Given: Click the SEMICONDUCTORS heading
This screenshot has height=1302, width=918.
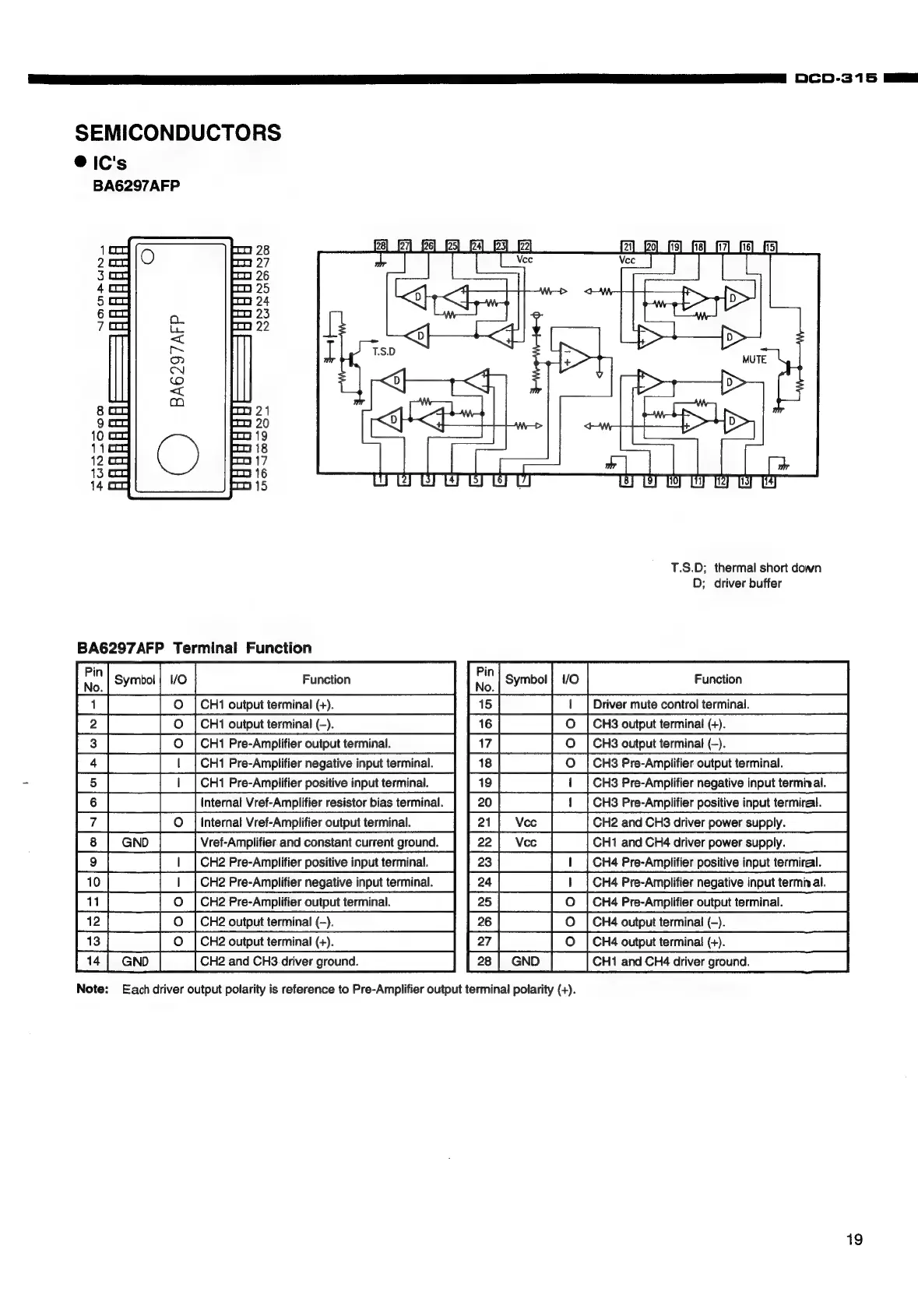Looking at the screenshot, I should click(178, 132).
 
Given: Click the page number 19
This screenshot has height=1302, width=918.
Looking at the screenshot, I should click(854, 1240).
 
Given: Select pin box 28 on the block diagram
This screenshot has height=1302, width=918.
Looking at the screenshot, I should click(381, 246).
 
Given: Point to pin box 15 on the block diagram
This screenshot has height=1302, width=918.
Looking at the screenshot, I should click(771, 246).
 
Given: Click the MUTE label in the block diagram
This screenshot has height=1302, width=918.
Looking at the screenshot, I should click(754, 359).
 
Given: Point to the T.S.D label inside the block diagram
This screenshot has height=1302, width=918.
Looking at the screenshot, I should click(384, 351).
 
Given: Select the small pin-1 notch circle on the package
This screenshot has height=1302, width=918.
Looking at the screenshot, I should click(150, 256).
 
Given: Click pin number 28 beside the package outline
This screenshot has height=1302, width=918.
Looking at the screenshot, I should click(262, 250).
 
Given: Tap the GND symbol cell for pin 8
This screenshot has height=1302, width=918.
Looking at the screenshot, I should click(135, 842).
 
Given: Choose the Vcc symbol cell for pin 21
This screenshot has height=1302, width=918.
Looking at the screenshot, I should click(526, 822).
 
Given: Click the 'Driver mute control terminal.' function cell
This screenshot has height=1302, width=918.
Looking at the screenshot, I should click(670, 704).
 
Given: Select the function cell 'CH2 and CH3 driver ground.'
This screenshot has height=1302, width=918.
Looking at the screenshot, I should click(280, 961).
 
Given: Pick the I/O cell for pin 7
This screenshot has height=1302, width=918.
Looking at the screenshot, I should click(178, 822).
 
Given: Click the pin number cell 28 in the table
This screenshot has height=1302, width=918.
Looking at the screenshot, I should click(484, 961).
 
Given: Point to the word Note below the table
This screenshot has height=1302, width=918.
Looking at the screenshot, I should click(91, 989).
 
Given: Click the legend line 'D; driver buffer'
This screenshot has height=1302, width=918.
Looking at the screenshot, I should click(736, 583).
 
